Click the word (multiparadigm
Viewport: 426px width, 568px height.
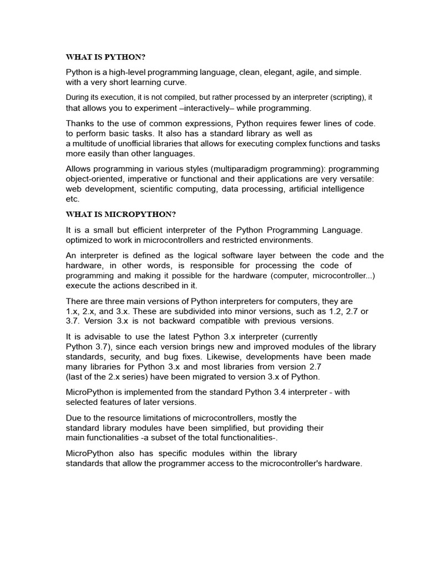point(254,169)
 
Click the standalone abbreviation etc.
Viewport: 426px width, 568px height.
point(73,199)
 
